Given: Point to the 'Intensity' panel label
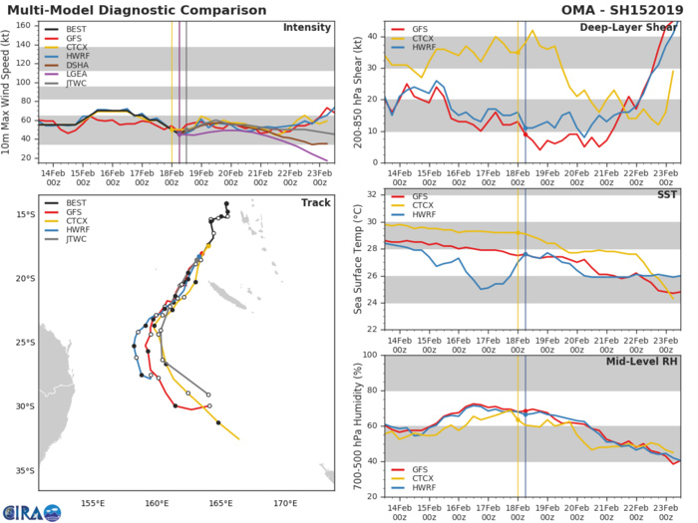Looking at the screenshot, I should [308, 27].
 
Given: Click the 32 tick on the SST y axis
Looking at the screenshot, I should [372, 194].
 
